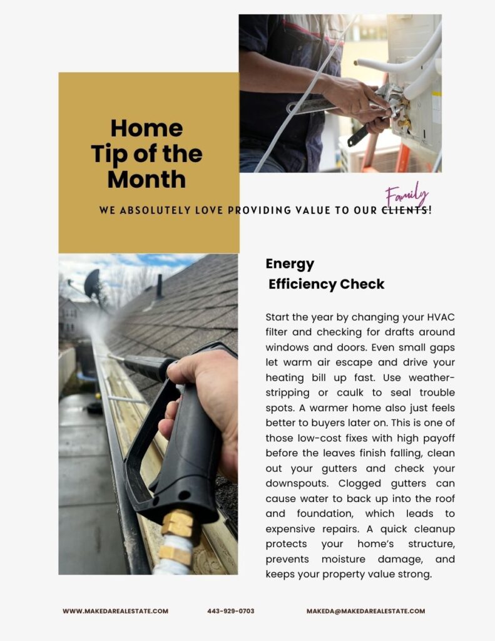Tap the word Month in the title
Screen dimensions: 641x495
pyautogui.click(x=146, y=180)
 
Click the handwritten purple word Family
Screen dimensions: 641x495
pyautogui.click(x=407, y=195)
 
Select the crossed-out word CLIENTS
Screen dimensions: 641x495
pyautogui.click(x=405, y=211)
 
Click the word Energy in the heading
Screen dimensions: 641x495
pyautogui.click(x=290, y=264)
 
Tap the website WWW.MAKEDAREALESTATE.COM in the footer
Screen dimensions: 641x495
pyautogui.click(x=115, y=611)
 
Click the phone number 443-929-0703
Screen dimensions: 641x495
pyautogui.click(x=230, y=611)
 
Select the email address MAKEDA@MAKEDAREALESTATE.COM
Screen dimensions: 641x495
pyautogui.click(x=365, y=611)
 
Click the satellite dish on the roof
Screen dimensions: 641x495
pyautogui.click(x=92, y=284)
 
